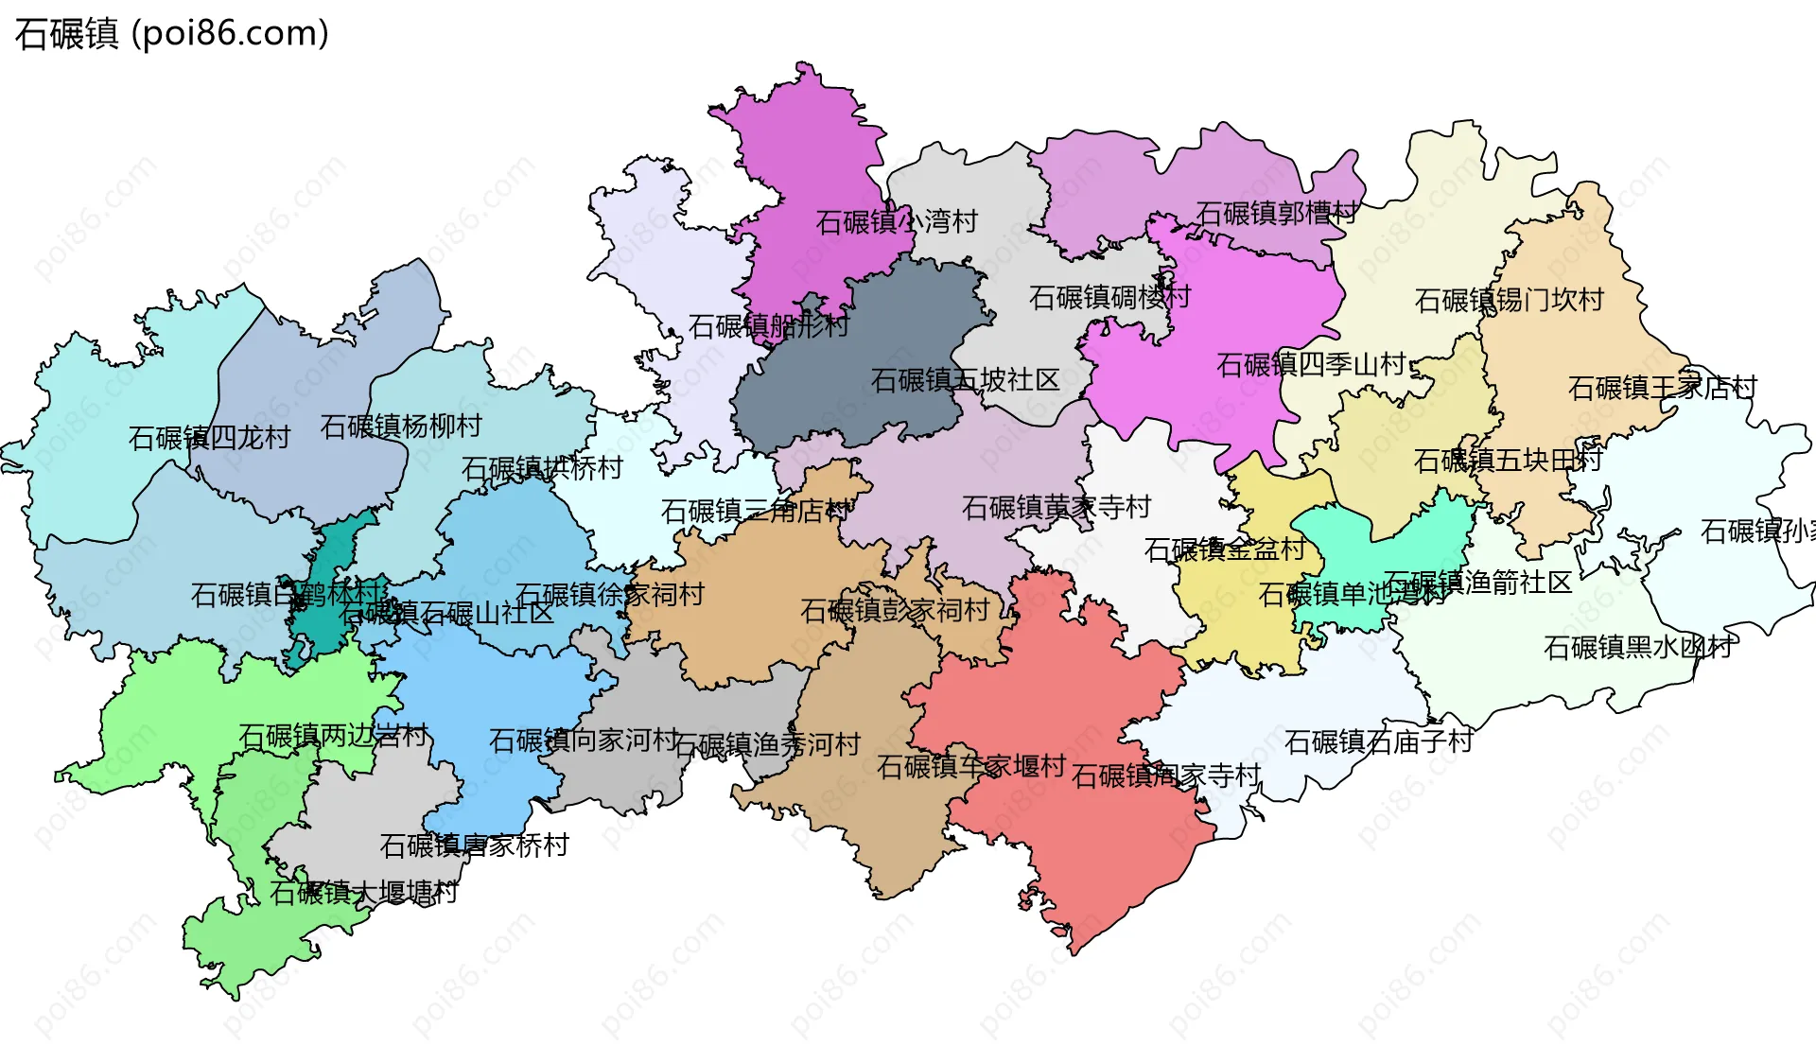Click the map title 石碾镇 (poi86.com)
[x=171, y=34]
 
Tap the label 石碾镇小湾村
[x=896, y=222]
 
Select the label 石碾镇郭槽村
[x=1276, y=213]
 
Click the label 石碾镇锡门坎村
[x=1509, y=300]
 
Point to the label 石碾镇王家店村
[x=1662, y=388]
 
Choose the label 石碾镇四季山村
[x=1311, y=364]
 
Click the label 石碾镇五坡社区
[x=965, y=380]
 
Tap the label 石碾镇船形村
[x=768, y=326]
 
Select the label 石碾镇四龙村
[x=209, y=438]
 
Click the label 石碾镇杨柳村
[x=401, y=426]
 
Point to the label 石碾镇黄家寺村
[x=1056, y=508]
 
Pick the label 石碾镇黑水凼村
[x=1638, y=647]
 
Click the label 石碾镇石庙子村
[x=1378, y=741]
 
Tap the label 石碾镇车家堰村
[x=971, y=766]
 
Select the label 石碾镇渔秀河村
[x=767, y=745]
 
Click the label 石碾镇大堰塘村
[x=364, y=892]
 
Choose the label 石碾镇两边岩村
[x=333, y=736]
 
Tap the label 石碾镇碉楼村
[x=1109, y=297]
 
